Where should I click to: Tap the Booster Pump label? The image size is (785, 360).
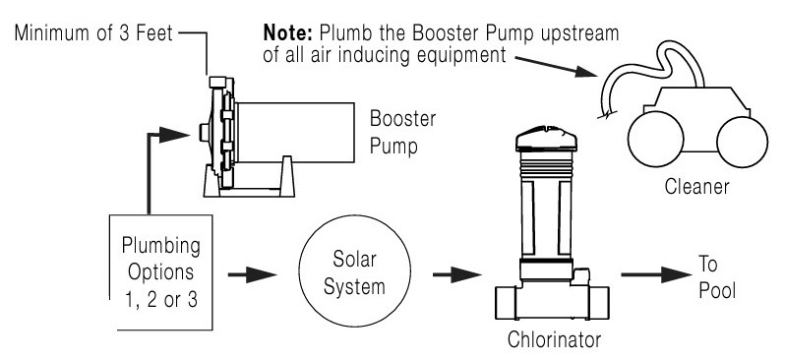[402, 133]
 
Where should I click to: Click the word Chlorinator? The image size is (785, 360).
[554, 339]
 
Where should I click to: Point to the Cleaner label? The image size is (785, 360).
[696, 187]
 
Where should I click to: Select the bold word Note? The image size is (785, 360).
[288, 33]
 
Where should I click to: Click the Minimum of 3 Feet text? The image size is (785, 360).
[93, 33]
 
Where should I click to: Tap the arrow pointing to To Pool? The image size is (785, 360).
[656, 274]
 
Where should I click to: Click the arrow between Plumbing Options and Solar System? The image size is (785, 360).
[252, 274]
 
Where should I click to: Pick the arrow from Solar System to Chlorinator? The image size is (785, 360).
[456, 274]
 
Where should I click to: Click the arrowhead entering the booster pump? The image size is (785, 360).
[174, 135]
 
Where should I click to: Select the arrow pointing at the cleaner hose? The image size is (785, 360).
[556, 67]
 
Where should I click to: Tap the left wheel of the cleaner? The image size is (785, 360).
[655, 140]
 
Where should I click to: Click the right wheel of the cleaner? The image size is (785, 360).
[742, 142]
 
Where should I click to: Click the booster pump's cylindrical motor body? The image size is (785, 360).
[295, 132]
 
